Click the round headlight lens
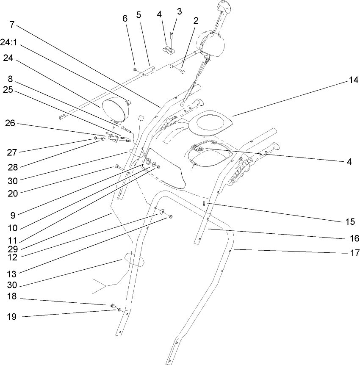pyautogui.click(x=114, y=109)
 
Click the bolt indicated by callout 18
pyautogui.click(x=113, y=305)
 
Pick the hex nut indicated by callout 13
pyautogui.click(x=171, y=217)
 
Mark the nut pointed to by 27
pyautogui.click(x=96, y=138)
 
